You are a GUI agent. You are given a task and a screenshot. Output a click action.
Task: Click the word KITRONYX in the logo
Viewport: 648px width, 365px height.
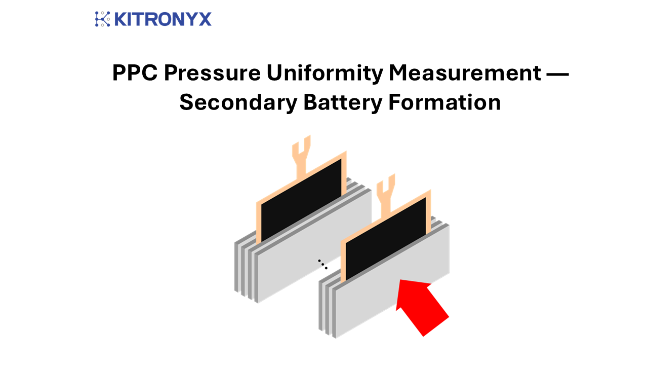tap(163, 19)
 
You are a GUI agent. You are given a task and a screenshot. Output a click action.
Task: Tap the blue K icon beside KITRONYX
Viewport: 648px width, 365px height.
tap(102, 19)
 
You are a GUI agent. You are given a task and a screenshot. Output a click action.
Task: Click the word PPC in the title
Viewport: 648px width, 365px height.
tap(135, 72)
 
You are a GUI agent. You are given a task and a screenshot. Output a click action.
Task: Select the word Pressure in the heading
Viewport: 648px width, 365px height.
tap(212, 72)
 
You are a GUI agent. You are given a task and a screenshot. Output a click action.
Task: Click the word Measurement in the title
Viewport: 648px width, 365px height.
tap(465, 72)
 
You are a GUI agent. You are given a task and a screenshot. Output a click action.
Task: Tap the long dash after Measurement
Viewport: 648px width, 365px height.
tap(557, 75)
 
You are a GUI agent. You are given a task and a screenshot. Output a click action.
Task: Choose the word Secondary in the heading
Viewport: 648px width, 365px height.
tap(238, 103)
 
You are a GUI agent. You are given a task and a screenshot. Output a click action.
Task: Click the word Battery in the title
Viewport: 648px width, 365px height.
tap(343, 103)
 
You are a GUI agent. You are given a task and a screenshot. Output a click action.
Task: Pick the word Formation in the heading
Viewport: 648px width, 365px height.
tap(444, 102)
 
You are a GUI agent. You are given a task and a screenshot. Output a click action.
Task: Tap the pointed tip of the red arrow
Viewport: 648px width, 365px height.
tap(400, 280)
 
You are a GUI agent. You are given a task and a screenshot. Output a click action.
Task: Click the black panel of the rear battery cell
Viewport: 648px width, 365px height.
tap(301, 200)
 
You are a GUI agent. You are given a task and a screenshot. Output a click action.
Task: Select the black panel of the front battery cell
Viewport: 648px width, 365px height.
tap(386, 239)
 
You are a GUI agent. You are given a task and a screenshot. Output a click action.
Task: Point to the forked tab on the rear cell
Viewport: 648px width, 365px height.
tap(301, 157)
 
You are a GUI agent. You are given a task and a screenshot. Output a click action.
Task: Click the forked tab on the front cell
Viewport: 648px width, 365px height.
tap(386, 196)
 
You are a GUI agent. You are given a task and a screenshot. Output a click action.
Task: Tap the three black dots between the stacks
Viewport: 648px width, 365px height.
tap(322, 264)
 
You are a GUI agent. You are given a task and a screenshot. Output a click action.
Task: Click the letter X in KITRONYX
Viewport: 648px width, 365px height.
tap(205, 19)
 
